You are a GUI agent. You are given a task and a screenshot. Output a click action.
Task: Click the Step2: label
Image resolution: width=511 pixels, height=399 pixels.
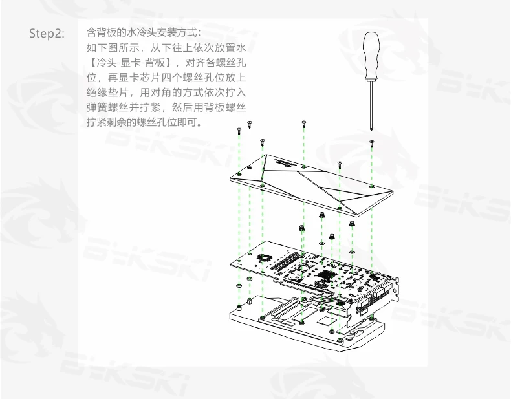point(47,34)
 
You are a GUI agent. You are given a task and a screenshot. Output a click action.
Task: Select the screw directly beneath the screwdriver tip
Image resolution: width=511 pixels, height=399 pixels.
point(371,142)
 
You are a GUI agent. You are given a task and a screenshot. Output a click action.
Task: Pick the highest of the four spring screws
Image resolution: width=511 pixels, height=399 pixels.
point(320,215)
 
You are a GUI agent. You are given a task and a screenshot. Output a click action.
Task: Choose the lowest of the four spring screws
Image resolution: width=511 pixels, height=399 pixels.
point(331,237)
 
